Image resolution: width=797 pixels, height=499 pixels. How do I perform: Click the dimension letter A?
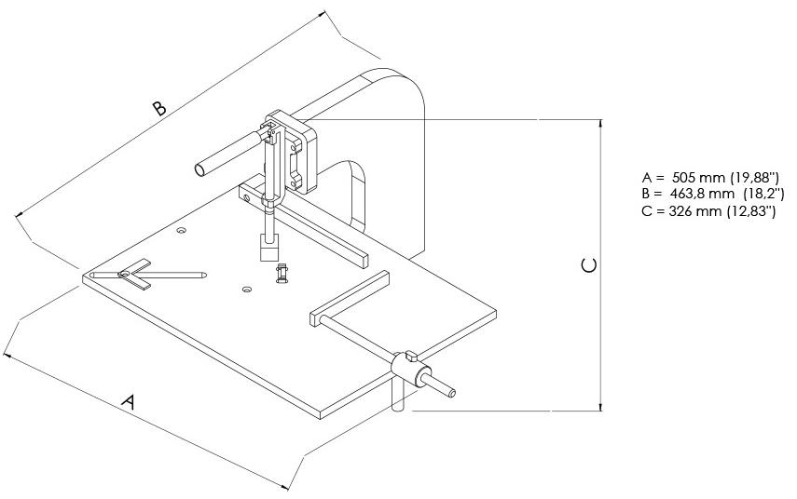(x=131, y=402)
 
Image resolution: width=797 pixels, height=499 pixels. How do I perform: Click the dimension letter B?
(x=159, y=108)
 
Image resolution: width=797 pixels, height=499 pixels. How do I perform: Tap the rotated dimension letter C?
(x=588, y=265)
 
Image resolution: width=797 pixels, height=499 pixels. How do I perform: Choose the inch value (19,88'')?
(x=752, y=178)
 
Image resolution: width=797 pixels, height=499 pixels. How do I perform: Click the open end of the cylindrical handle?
(x=200, y=169)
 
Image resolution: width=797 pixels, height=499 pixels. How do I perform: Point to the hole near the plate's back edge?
(x=181, y=228)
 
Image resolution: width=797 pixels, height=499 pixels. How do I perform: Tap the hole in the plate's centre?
(x=246, y=290)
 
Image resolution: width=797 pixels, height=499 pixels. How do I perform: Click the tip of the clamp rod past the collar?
(x=453, y=393)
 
